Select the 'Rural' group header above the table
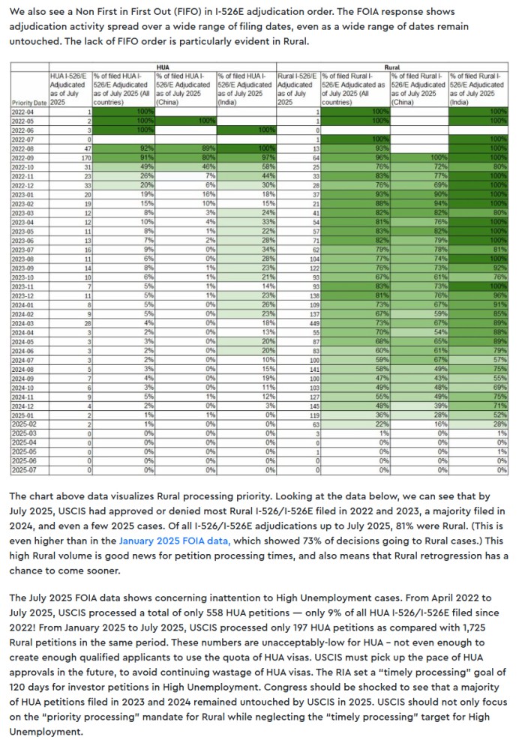tap(391, 67)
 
